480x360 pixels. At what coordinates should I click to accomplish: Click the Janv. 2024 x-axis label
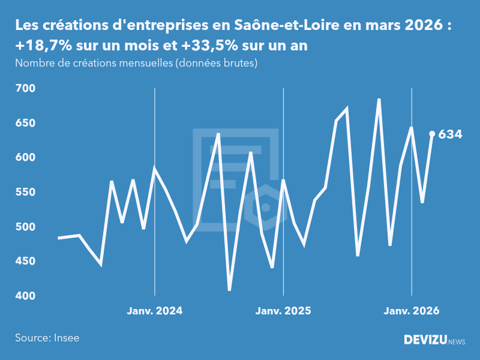[155, 311]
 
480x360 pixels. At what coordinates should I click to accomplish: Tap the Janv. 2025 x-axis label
[283, 311]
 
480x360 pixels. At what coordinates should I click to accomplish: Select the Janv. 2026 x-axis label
[412, 311]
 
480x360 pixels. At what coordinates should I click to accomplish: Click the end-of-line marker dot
[432, 134]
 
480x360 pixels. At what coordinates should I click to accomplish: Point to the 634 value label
[450, 134]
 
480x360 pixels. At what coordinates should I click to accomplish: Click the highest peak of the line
[379, 100]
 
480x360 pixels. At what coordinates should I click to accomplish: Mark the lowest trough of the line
[229, 290]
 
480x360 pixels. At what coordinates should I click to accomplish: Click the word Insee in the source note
[66, 338]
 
